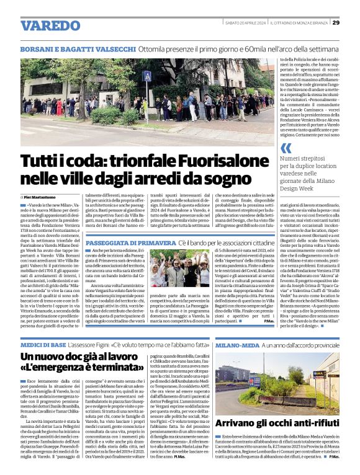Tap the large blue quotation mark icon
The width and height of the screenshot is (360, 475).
click(x=286, y=148)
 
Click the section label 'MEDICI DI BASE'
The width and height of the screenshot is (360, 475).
click(x=44, y=344)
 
